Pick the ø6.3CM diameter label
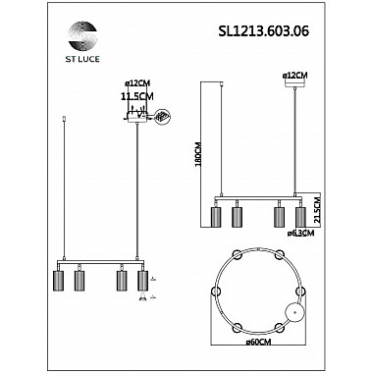(x=300, y=234)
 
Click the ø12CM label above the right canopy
(x=294, y=75)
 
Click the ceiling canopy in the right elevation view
(x=288, y=85)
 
